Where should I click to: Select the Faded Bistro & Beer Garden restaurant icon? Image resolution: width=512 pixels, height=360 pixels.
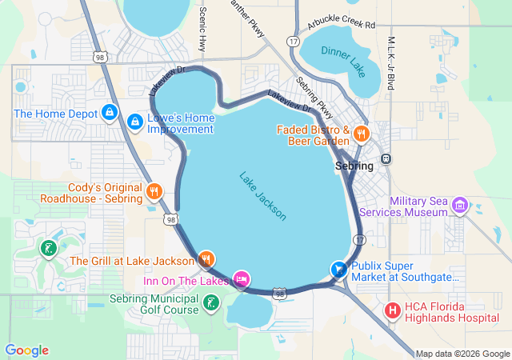362,134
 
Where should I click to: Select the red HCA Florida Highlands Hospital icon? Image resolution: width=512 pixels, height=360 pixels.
393,310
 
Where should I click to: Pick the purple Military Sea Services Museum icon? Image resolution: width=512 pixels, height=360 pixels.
459,206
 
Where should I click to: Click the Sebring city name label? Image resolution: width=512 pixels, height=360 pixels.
353,166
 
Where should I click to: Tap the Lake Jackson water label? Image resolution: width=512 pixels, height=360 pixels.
262,196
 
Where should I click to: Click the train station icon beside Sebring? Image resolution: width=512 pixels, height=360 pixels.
386,158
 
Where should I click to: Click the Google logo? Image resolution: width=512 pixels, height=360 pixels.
26,350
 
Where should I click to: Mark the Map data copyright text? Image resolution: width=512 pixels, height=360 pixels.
462,354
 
